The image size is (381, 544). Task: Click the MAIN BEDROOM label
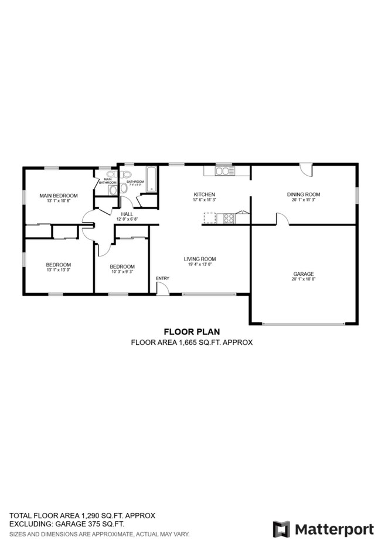pyautogui.click(x=58, y=195)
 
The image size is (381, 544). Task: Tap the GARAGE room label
pyautogui.click(x=304, y=273)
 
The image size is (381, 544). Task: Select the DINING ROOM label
pyautogui.click(x=304, y=194)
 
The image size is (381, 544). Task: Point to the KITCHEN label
pyautogui.click(x=205, y=194)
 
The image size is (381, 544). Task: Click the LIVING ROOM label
pyautogui.click(x=200, y=259)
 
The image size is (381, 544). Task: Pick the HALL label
pyautogui.click(x=127, y=214)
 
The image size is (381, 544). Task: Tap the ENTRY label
pyautogui.click(x=162, y=278)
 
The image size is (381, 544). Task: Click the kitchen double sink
pyautogui.click(x=223, y=171)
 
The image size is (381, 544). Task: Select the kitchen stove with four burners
pyautogui.click(x=229, y=218)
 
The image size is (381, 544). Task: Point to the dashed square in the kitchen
pyautogui.click(x=210, y=218)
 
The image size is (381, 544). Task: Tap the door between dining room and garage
pyautogui.click(x=282, y=219)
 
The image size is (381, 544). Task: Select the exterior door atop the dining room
pyautogui.click(x=305, y=170)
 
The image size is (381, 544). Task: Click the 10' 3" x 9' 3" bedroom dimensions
pyautogui.click(x=122, y=271)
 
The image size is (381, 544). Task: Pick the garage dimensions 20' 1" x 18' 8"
pyautogui.click(x=304, y=279)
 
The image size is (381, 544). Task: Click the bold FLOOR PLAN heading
pyautogui.click(x=191, y=331)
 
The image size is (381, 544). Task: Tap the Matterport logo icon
pyautogui.click(x=281, y=529)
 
